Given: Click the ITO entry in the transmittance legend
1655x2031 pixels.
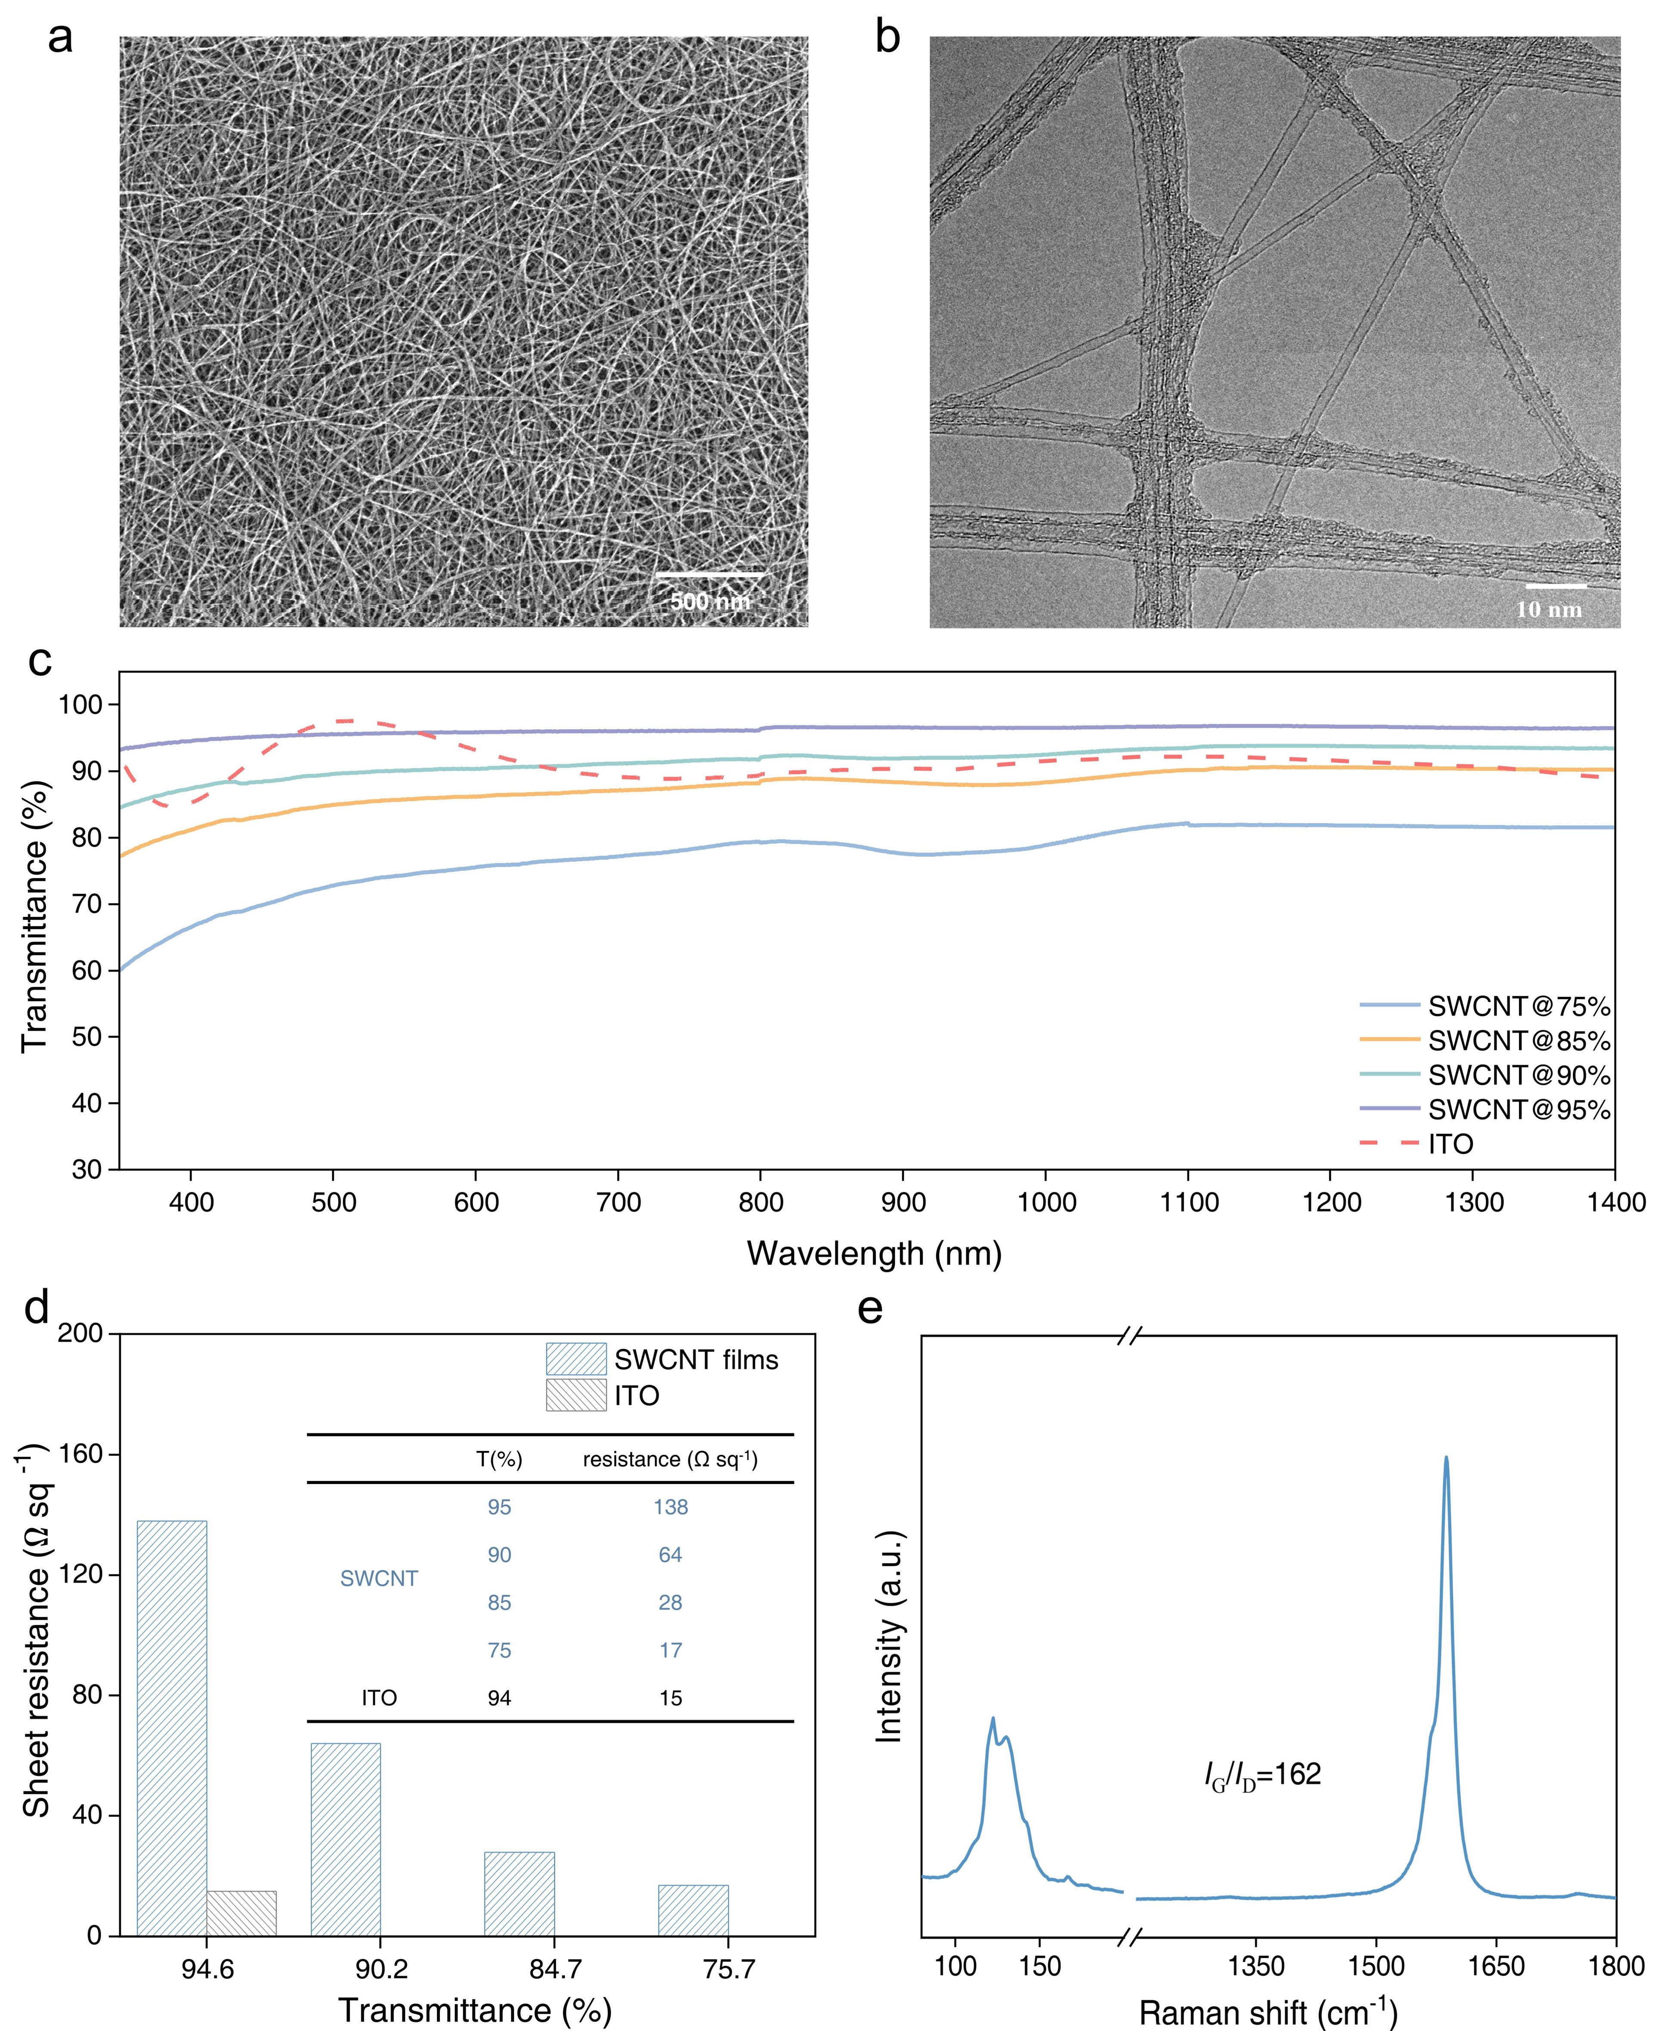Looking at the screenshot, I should pos(1450,1144).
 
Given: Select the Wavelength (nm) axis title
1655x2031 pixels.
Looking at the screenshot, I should pos(874,1253).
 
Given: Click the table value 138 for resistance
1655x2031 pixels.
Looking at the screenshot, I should pos(670,1507).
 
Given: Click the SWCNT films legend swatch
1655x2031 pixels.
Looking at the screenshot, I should pos(576,1359).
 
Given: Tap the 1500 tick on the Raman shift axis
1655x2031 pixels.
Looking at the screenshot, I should pos(1376,1966).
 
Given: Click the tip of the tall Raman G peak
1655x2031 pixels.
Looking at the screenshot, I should pos(1446,1457).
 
